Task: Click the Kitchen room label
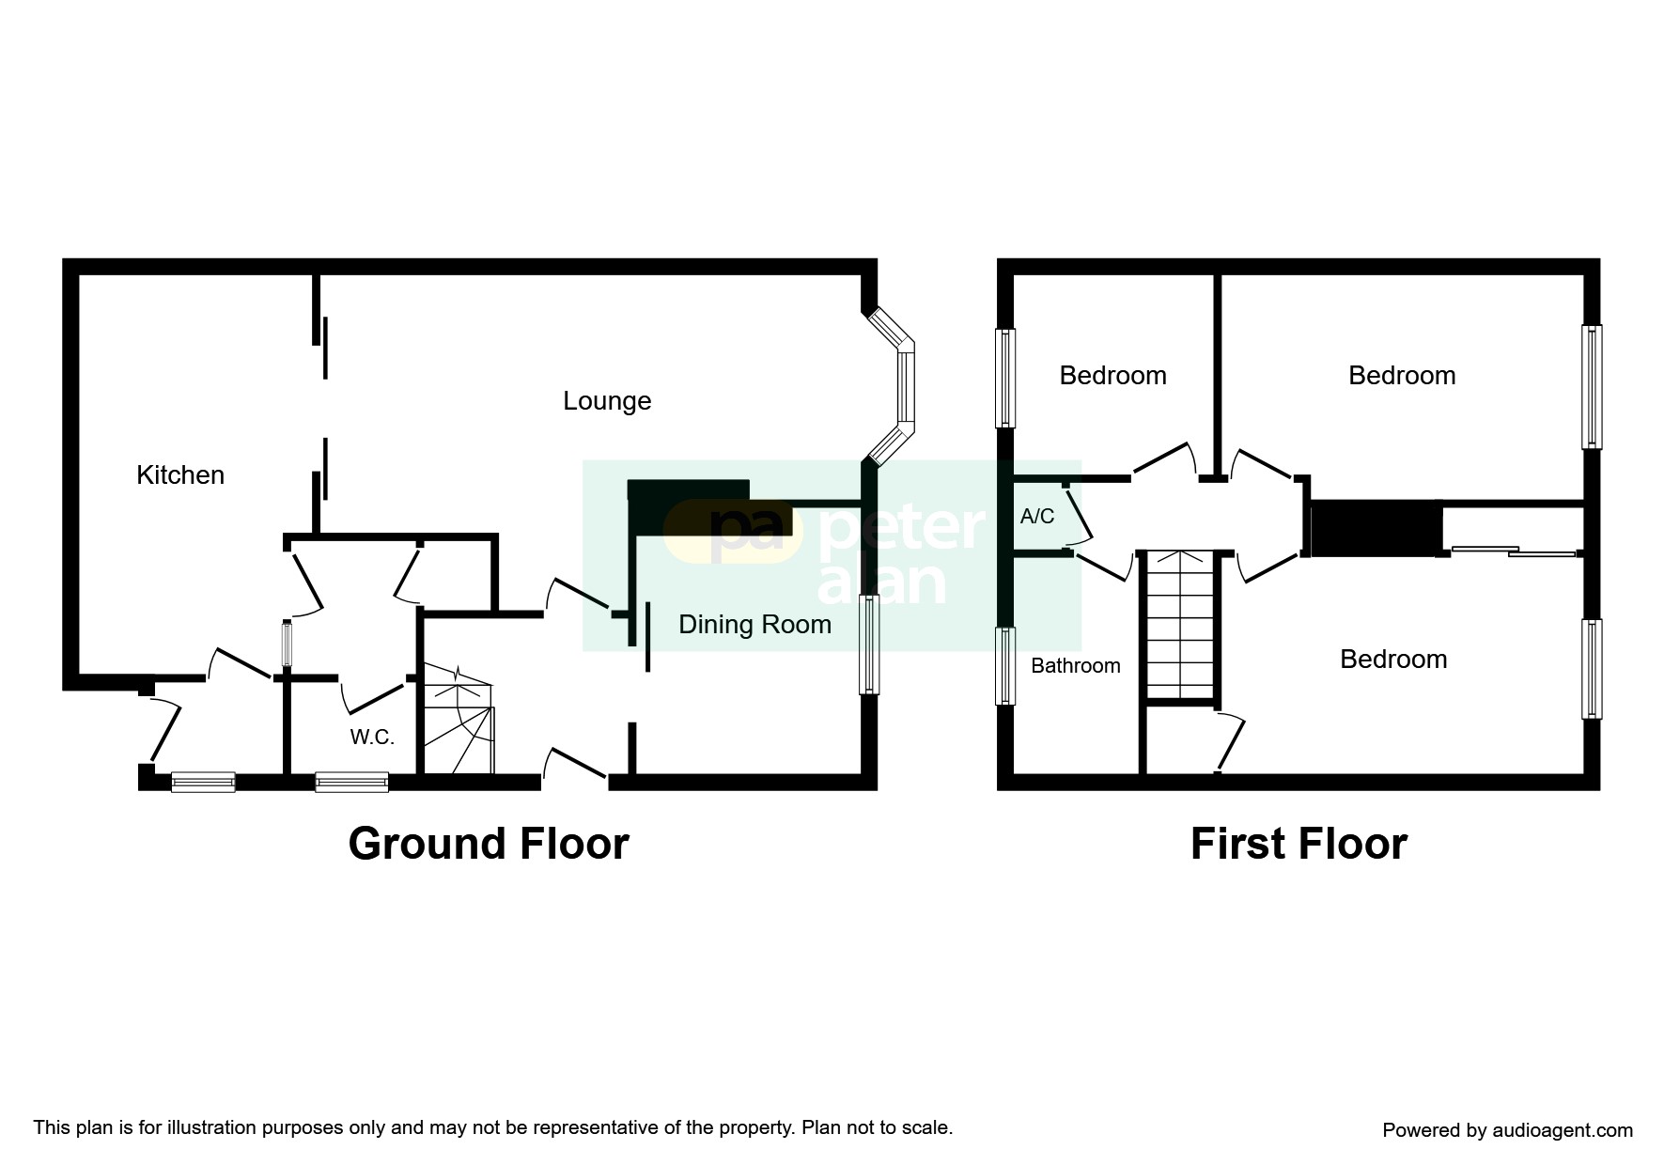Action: pyautogui.click(x=180, y=475)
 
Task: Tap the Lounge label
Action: pyautogui.click(x=607, y=401)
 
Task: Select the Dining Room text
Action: pyautogui.click(x=754, y=625)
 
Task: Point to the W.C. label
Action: pyautogui.click(x=372, y=738)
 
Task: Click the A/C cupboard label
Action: pyautogui.click(x=1037, y=516)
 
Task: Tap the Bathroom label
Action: pyautogui.click(x=1075, y=666)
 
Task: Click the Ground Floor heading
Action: pyautogui.click(x=488, y=844)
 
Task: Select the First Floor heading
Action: pyautogui.click(x=1299, y=844)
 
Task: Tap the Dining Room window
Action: pyautogui.click(x=869, y=645)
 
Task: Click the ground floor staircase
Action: pyautogui.click(x=459, y=721)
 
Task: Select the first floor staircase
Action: pyautogui.click(x=1180, y=625)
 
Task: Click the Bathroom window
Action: pyautogui.click(x=1005, y=665)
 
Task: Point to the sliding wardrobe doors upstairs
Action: pyautogui.click(x=1513, y=551)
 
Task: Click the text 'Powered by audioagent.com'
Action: pyautogui.click(x=1507, y=1130)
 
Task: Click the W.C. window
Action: pyautogui.click(x=351, y=782)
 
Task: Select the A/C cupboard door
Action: pyautogui.click(x=1077, y=515)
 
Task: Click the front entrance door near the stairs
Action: pyautogui.click(x=575, y=763)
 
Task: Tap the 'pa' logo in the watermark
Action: pyautogui.click(x=742, y=531)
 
